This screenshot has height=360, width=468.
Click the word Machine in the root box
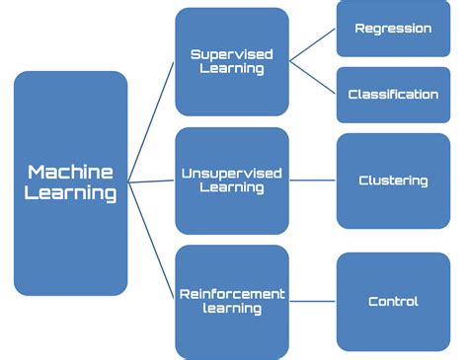pyautogui.click(x=71, y=172)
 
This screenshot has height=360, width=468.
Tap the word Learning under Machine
pyautogui.click(x=71, y=192)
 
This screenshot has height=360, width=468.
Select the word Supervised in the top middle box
pyautogui.click(x=231, y=54)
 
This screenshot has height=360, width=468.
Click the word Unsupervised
pyautogui.click(x=231, y=174)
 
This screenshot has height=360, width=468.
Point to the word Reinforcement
pyautogui.click(x=231, y=293)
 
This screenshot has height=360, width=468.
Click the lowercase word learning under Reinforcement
pyautogui.click(x=231, y=309)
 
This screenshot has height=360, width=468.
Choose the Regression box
pyautogui.click(x=393, y=30)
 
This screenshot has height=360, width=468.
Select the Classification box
pyautogui.click(x=393, y=95)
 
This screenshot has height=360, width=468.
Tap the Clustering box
pyautogui.click(x=393, y=180)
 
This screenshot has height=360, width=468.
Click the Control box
pyautogui.click(x=393, y=301)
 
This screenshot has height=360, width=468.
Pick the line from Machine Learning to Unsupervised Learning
pyautogui.click(x=151, y=181)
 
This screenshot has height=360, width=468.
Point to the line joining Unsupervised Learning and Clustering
pyautogui.click(x=312, y=180)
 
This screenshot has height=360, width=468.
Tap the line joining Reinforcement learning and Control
pyautogui.click(x=312, y=301)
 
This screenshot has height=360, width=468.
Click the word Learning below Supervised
pyautogui.click(x=231, y=70)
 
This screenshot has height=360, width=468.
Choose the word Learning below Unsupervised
pyautogui.click(x=231, y=189)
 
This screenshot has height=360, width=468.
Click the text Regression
pyautogui.click(x=393, y=29)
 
